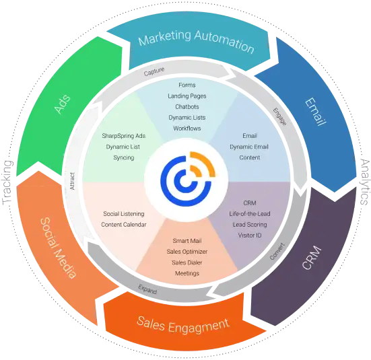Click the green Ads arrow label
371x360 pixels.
(63, 104)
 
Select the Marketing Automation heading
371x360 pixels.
(197, 42)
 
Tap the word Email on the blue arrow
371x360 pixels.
(315, 112)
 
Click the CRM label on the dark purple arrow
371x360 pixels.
(312, 258)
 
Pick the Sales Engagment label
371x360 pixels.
(183, 325)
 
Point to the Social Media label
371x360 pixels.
(58, 248)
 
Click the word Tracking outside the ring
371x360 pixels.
(7, 182)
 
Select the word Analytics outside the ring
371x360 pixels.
(365, 182)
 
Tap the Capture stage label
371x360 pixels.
(154, 71)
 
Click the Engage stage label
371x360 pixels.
(280, 116)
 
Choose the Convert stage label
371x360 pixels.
(277, 251)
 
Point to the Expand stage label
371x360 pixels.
(147, 289)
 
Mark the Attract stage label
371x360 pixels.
(72, 181)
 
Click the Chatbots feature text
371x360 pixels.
(187, 107)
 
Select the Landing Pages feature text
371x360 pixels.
(187, 96)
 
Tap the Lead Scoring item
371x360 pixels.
(250, 225)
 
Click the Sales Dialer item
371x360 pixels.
(187, 262)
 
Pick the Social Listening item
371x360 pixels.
(124, 214)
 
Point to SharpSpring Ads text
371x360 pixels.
(124, 136)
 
